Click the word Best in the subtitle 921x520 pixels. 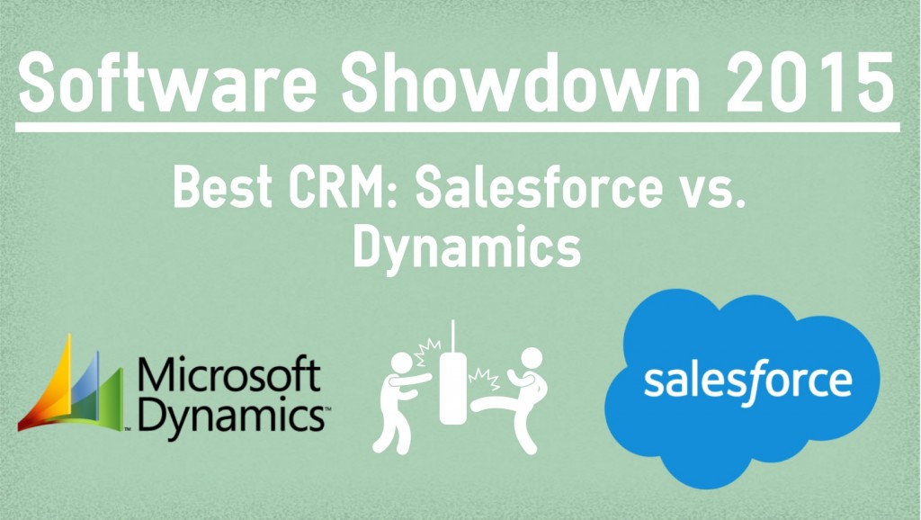tap(223, 186)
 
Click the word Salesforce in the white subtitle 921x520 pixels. tap(540, 186)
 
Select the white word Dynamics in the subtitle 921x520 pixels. tap(467, 247)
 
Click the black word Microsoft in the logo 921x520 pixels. tap(229, 373)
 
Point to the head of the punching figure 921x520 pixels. tap(402, 363)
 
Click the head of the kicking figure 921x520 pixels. tap(532, 358)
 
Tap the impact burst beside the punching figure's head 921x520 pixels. tap(427, 352)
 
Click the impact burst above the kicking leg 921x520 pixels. tap(484, 379)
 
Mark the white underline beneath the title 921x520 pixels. tap(458, 127)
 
